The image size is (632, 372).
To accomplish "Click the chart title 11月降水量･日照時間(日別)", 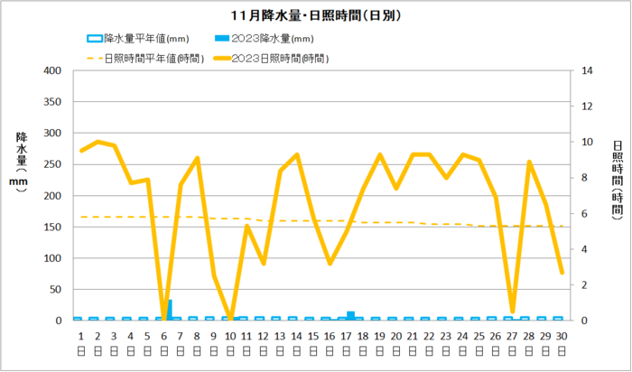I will (315, 15).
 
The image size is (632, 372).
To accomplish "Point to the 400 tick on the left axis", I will (51, 71).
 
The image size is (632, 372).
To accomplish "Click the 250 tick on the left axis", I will (51, 164).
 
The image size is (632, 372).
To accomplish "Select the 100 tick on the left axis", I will (51, 258).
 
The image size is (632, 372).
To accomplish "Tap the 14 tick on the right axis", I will (586, 71).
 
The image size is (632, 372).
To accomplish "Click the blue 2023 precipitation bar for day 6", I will (170, 310).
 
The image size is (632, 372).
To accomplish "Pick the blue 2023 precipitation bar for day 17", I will (350, 315).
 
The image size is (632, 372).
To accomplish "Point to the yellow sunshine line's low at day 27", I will (512, 312).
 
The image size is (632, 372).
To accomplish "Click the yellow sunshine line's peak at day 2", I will (98, 142).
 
